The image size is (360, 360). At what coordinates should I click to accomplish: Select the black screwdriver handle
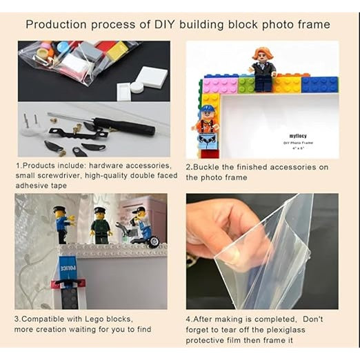tap(126, 126)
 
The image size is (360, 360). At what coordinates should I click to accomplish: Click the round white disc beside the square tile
tap(137, 88)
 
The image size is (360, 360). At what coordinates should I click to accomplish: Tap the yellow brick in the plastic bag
tap(117, 51)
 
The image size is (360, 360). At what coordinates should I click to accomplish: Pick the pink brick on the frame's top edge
tap(220, 86)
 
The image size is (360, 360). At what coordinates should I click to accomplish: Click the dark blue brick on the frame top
tap(320, 85)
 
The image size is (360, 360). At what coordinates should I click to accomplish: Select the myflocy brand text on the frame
tap(298, 136)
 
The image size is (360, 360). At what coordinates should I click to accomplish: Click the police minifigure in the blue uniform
tap(63, 225)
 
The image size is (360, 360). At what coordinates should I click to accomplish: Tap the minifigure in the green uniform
tap(101, 226)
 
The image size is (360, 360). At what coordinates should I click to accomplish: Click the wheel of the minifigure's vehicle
tap(154, 242)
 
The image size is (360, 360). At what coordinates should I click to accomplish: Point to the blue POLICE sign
tap(68, 268)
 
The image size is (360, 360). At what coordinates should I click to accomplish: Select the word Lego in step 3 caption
tap(94, 319)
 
